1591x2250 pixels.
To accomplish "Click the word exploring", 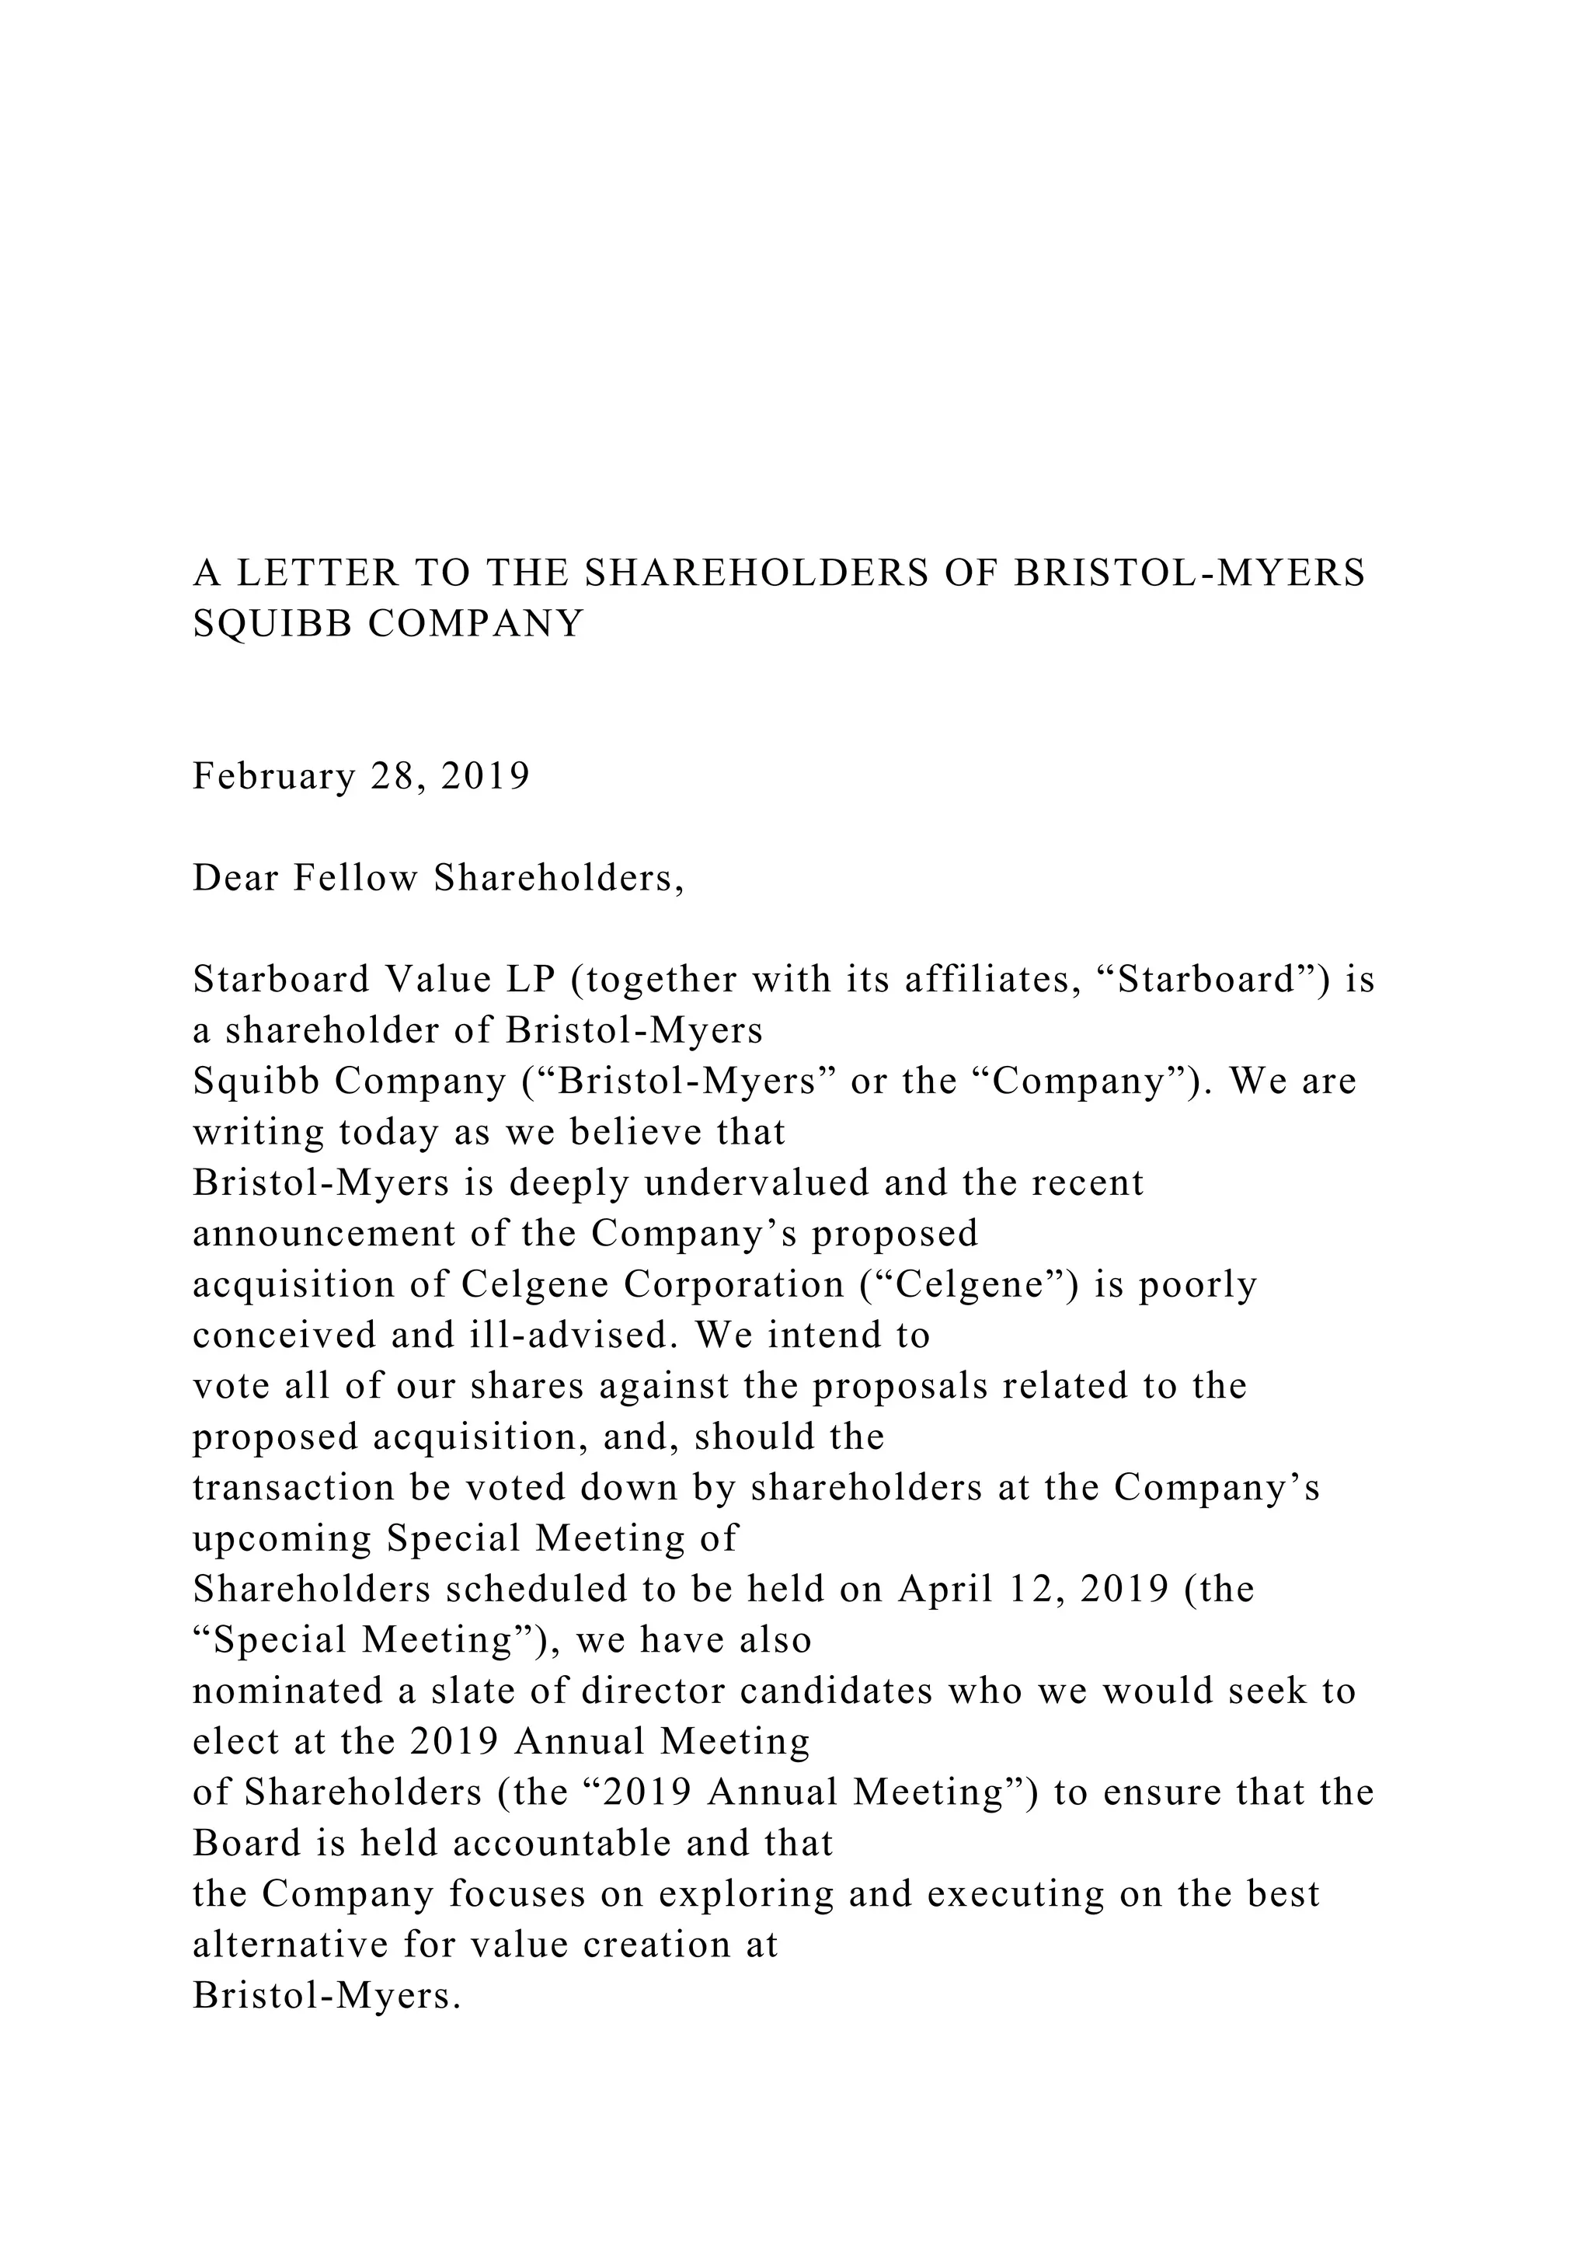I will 744,1895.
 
